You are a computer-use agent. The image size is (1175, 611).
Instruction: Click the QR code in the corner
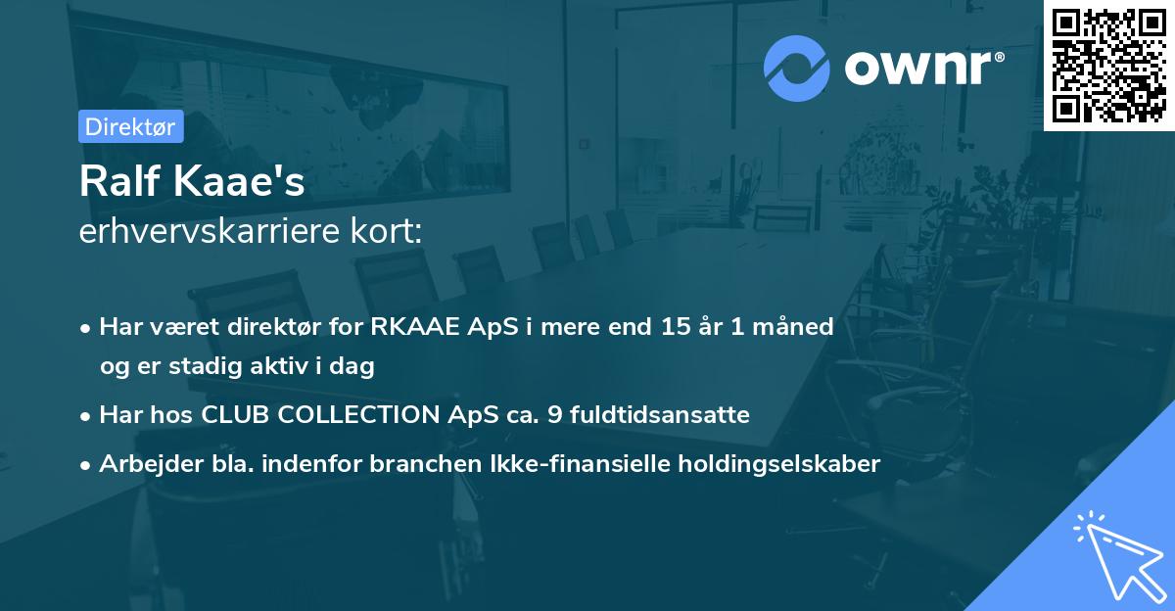pos(1108,65)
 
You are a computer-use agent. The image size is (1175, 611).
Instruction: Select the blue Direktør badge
pos(130,126)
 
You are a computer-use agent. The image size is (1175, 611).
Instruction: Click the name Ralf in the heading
pos(116,182)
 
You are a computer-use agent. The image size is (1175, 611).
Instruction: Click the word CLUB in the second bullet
pos(235,415)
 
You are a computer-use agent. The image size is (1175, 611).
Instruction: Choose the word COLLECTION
pos(356,415)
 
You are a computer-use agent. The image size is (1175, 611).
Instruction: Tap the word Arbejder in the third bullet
pos(143,464)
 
